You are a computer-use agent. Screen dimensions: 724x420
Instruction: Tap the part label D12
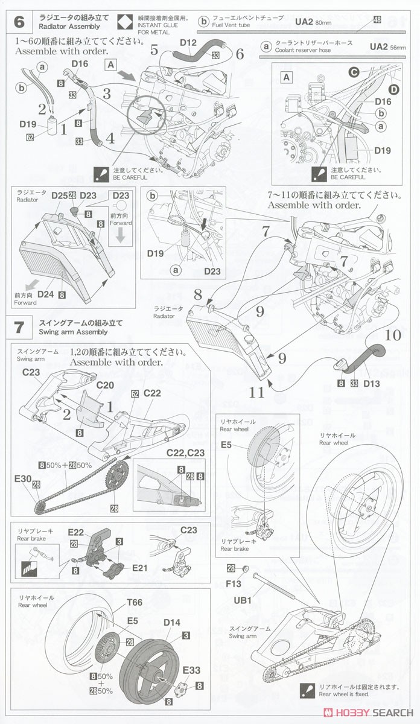189,42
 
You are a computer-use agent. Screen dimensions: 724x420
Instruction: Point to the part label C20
105,385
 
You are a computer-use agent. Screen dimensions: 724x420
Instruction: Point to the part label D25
59,195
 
